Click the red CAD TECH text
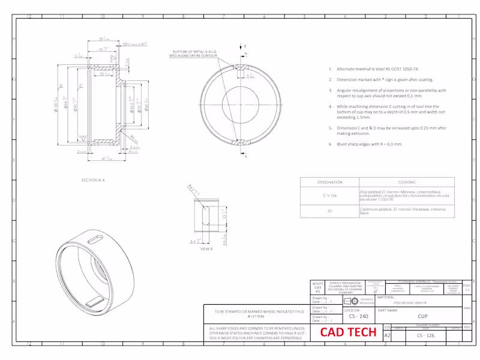348,332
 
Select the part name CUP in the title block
422,316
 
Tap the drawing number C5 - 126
425,336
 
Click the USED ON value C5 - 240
358,316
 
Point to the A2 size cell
387,336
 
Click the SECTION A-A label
93,179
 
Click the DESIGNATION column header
329,182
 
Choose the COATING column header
407,182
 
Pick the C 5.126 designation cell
329,195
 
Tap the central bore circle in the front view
245,102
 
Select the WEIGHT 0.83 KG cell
318,287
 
